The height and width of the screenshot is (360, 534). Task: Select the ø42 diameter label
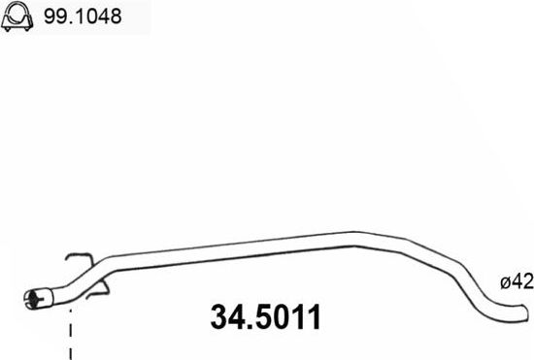point(517,282)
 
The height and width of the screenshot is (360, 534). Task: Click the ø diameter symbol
point(506,283)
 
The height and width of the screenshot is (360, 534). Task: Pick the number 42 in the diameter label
point(522,282)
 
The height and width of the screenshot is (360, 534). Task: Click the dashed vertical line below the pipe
point(70,335)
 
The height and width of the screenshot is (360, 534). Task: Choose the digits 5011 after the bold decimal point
point(289,317)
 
